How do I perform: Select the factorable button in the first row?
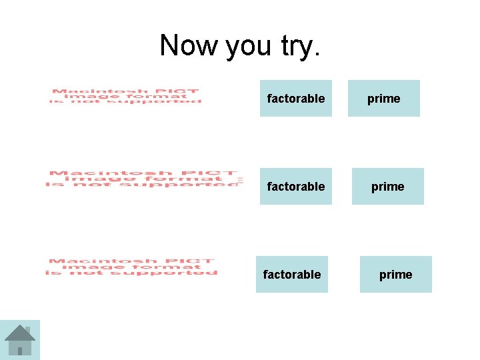pos(296,99)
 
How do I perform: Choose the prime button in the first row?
pos(384,99)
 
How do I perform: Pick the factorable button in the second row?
pos(296,187)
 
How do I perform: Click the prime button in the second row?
pos(388,187)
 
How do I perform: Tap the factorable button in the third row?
pos(292,275)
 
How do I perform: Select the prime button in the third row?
pos(396,275)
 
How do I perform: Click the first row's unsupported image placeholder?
pos(125,96)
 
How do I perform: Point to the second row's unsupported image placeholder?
pos(143,179)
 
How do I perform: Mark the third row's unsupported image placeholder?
pos(132,267)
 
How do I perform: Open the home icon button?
pos(20,340)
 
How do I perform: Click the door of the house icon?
pos(20,351)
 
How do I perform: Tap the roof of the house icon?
pos(20,332)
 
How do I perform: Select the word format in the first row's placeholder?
pos(151,96)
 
